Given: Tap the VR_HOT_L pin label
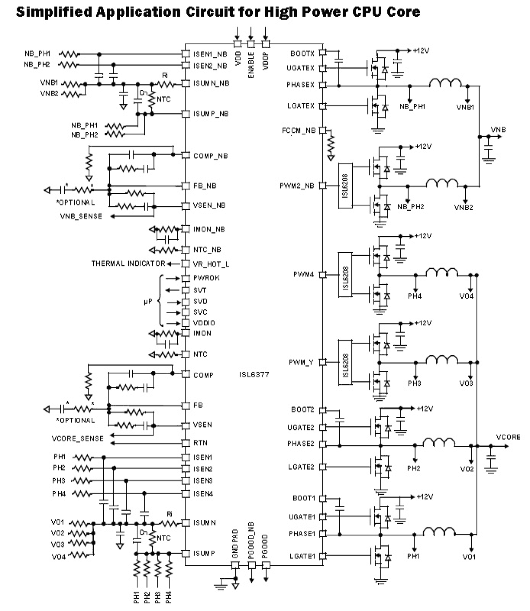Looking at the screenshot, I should click(211, 264).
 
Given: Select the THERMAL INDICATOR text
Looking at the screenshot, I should click(128, 263).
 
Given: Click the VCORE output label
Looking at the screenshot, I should click(508, 437).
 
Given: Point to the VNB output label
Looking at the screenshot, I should click(498, 130).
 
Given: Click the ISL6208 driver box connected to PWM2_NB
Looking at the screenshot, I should click(345, 186).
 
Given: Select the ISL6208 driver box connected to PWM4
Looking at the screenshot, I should click(345, 275).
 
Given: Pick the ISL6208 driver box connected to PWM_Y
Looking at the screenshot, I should click(345, 362).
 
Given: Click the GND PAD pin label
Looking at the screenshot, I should click(235, 544).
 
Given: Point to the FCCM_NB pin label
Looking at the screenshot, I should click(299, 131).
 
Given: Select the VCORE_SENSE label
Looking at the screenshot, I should click(78, 439).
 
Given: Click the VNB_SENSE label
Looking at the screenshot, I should click(81, 216).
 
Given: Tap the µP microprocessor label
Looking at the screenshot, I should click(148, 302).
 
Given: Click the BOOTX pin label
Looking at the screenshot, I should click(303, 54).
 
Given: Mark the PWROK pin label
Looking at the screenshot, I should click(206, 278).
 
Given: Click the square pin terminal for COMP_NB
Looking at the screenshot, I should click(185, 155).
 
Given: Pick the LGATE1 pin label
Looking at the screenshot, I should click(302, 556).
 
